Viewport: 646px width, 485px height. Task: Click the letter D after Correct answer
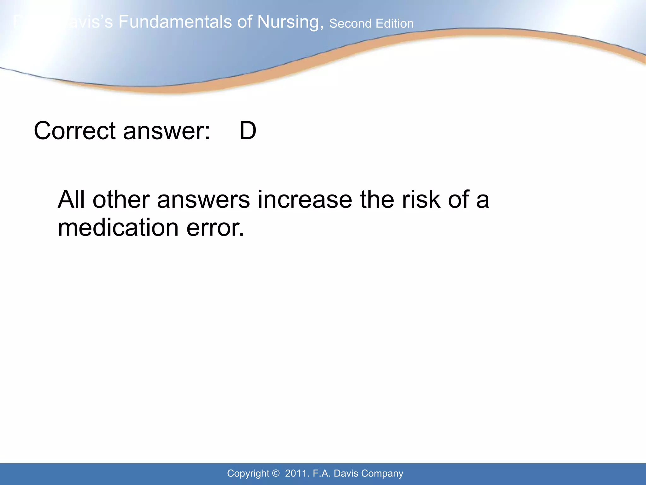[x=248, y=131]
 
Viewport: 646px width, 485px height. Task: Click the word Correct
[x=75, y=131]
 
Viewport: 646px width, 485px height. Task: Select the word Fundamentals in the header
[x=185, y=22]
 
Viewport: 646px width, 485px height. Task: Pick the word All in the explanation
[x=72, y=200]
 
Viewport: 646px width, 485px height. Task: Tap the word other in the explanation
[x=121, y=200]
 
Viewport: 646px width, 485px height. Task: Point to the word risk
[x=421, y=200]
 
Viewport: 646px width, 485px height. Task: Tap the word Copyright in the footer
[x=248, y=474]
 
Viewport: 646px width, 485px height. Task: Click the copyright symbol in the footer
[x=276, y=473]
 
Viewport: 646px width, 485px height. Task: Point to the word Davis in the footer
[x=346, y=473]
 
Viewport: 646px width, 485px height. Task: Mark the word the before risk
[x=377, y=200]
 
